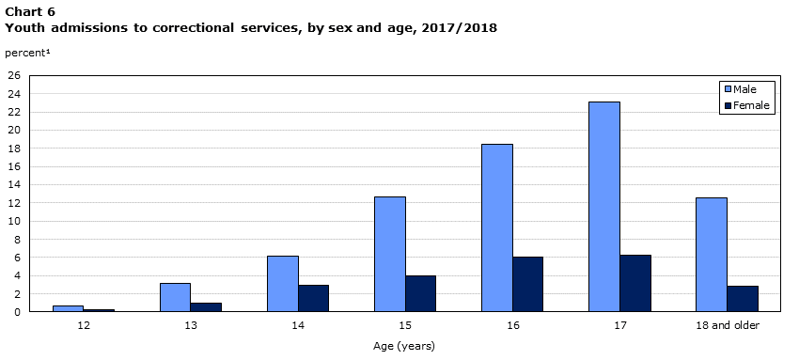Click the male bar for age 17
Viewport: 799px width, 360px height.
[603, 207]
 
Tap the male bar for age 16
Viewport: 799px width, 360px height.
[496, 227]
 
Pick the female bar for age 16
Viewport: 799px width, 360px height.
[527, 284]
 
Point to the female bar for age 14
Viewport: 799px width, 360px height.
[313, 298]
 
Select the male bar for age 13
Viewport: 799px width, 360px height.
[175, 297]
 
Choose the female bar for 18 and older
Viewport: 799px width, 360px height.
[742, 299]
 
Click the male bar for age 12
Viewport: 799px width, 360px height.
[68, 308]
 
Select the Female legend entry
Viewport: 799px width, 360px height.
[748, 105]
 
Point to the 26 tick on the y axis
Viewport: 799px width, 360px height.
[13, 75]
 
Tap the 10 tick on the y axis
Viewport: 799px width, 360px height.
[13, 221]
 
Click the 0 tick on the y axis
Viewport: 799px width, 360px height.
[16, 312]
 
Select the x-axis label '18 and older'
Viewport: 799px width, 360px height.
[726, 325]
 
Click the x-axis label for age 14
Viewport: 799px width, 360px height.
[297, 325]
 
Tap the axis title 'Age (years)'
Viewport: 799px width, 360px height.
[404, 346]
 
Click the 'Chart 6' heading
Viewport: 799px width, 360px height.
[30, 11]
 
